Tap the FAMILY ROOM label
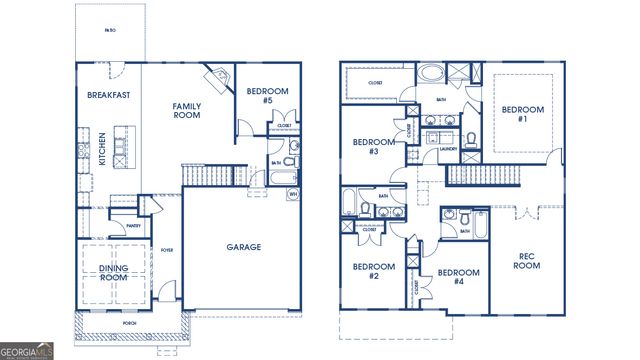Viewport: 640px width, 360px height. (x=186, y=111)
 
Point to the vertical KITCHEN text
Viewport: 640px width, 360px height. (x=101, y=150)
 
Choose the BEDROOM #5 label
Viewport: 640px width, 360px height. (x=267, y=96)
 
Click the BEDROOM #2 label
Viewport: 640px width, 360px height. (x=372, y=272)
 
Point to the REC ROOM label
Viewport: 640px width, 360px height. (x=527, y=262)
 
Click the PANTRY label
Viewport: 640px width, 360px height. (x=134, y=226)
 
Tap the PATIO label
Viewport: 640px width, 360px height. (x=110, y=31)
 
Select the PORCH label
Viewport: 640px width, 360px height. (x=128, y=323)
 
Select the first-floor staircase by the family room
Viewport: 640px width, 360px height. (x=200, y=176)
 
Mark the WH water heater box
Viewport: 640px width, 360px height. (x=293, y=193)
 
